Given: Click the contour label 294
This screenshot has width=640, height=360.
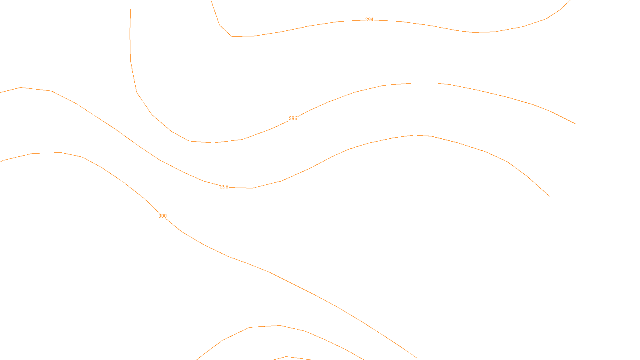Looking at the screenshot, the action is [x=369, y=20].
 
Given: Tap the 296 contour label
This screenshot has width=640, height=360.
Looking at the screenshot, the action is [x=293, y=118].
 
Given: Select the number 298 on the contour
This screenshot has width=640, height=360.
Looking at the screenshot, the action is [x=224, y=187].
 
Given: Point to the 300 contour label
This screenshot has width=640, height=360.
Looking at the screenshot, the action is [x=162, y=216].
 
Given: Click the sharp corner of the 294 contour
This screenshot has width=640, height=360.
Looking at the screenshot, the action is [x=232, y=36].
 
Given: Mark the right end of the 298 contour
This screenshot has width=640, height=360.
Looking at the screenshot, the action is [x=549, y=196].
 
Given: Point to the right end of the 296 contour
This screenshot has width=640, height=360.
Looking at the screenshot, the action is [x=575, y=124].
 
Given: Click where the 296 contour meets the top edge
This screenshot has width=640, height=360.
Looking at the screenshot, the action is [x=131, y=1].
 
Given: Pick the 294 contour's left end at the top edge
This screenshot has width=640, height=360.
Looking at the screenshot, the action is [x=211, y=1].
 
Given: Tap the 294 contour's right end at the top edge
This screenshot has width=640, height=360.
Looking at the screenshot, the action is [x=570, y=1].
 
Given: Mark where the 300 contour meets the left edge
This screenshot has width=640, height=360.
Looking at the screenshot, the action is [x=1, y=162].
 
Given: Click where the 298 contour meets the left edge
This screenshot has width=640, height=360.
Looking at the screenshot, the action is [x=1, y=92].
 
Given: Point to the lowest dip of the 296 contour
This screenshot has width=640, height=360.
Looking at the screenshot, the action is [x=212, y=143].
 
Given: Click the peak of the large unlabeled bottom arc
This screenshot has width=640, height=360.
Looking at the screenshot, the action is [x=279, y=325].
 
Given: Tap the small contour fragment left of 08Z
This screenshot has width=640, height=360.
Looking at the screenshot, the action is [x=286, y=357].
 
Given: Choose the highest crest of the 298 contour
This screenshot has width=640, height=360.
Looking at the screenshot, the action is [x=415, y=135].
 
